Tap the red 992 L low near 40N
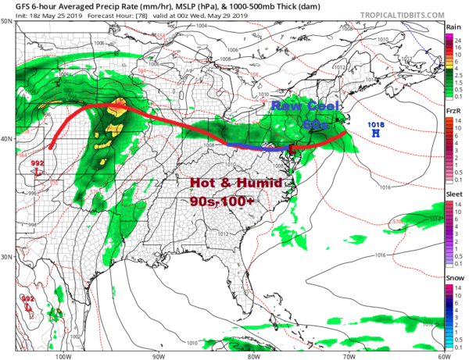37,166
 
